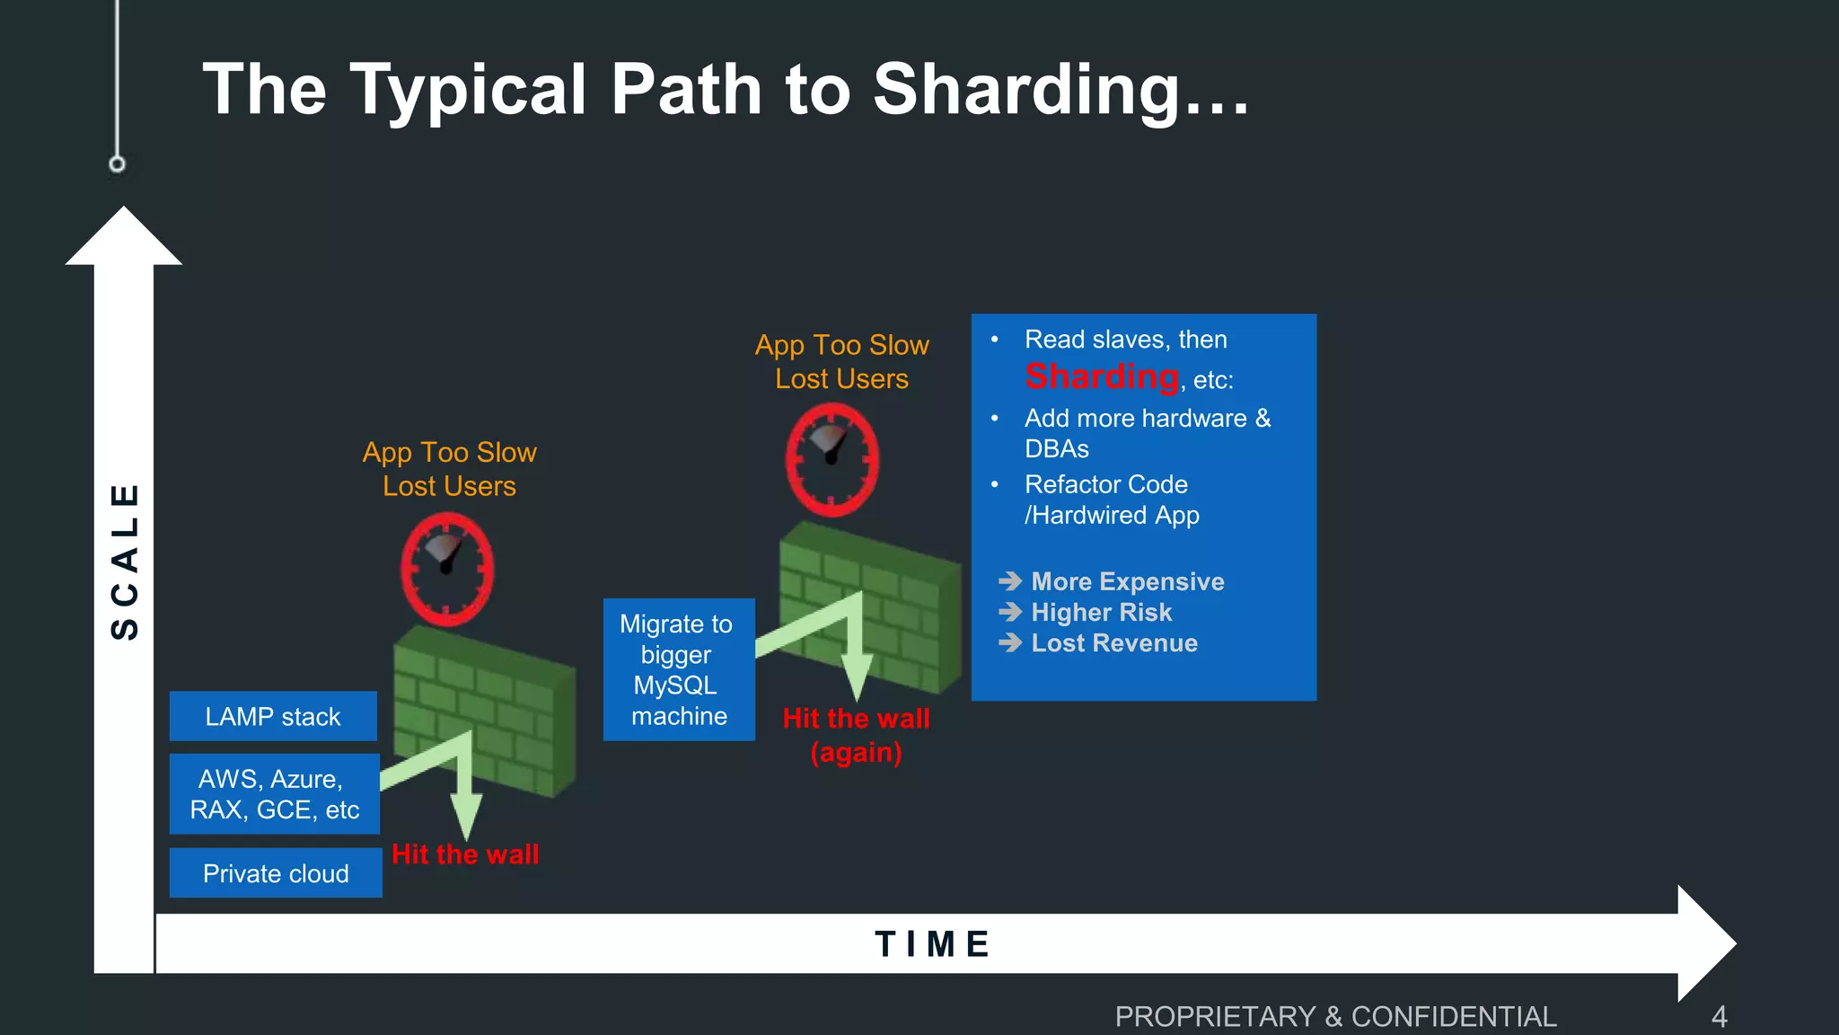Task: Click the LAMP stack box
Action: tap(273, 716)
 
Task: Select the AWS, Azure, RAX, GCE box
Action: tap(274, 794)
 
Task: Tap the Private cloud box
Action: tap(276, 873)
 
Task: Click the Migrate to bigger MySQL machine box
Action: tap(678, 669)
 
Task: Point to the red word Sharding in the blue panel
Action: tap(1102, 376)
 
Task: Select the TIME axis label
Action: tap(933, 944)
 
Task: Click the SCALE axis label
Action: tap(125, 562)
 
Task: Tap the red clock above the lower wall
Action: tap(447, 570)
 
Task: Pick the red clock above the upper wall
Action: tap(832, 459)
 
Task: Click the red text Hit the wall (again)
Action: tap(856, 735)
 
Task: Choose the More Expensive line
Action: tap(1127, 581)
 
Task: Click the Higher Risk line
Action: tap(1101, 612)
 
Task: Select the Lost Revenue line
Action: tap(1113, 643)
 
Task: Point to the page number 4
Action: tap(1719, 1016)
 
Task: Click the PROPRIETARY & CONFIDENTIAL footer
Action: tap(1335, 1016)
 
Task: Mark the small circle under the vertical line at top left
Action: tap(117, 164)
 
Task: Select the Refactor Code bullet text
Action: tap(1111, 500)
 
